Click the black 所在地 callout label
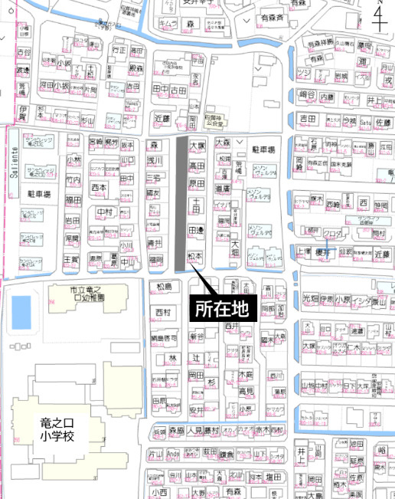click(217, 310)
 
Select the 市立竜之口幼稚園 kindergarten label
click(76, 294)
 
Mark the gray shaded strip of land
click(181, 203)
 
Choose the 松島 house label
click(163, 287)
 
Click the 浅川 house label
click(155, 161)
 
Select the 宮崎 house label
click(95, 142)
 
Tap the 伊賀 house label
click(22, 111)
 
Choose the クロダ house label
click(331, 233)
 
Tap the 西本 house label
click(99, 186)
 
